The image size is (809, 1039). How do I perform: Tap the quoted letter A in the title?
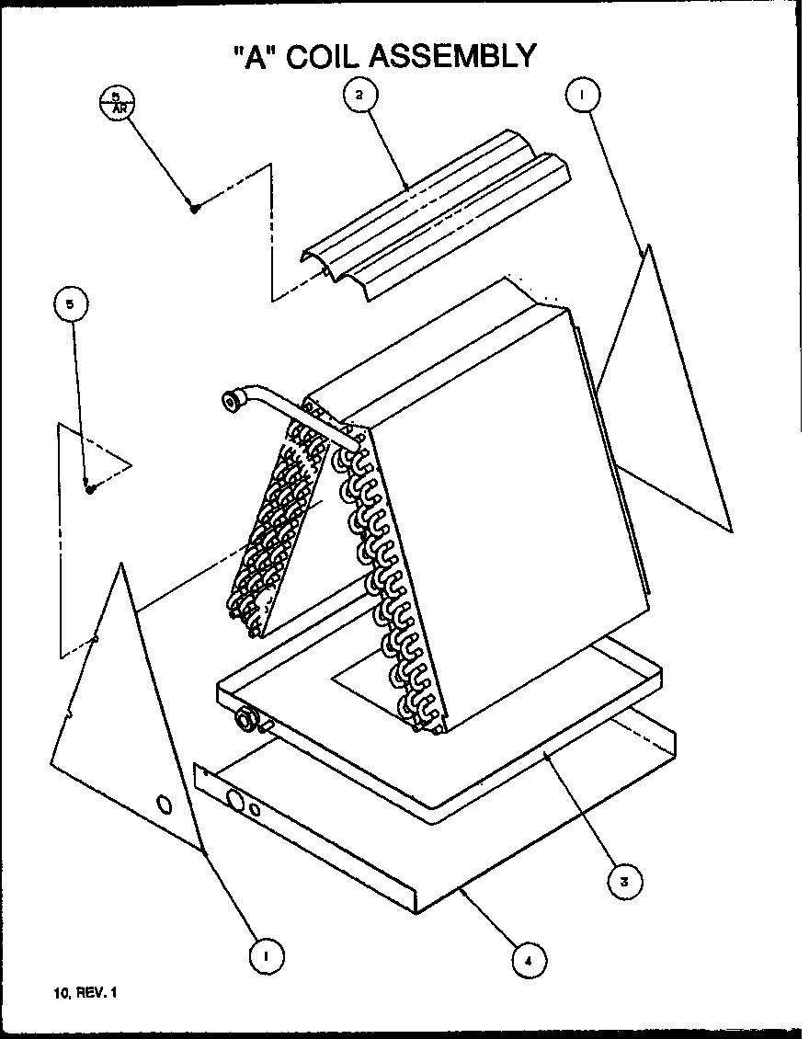coord(253,56)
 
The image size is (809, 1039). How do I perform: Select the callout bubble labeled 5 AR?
coord(117,100)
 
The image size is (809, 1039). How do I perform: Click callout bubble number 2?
coord(360,93)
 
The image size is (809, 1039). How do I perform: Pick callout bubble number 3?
coord(624,881)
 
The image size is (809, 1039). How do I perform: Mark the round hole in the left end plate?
coord(164,805)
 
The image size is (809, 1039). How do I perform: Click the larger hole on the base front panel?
coord(235,803)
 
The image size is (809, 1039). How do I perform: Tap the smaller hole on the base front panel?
coord(256,810)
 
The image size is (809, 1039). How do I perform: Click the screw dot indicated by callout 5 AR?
coord(195,208)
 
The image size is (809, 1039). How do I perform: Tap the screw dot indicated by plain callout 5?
coord(90,489)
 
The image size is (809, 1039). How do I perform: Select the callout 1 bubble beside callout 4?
coord(266,955)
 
